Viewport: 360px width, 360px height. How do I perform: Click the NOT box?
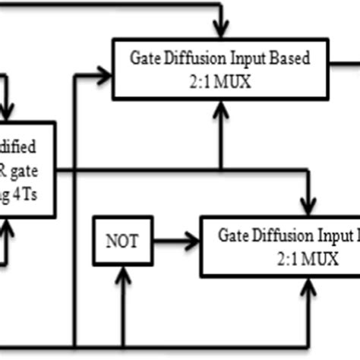122,242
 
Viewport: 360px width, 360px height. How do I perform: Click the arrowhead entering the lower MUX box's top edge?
306,208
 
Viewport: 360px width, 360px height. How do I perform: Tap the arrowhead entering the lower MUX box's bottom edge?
306,282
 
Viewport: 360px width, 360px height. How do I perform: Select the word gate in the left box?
37,171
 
